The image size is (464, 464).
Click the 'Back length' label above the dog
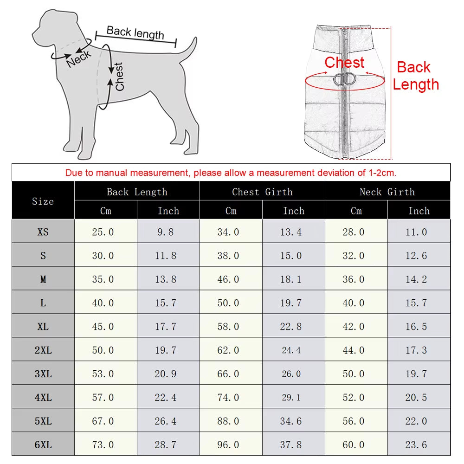pyautogui.click(x=135, y=32)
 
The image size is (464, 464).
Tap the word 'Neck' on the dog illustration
pyautogui.click(x=79, y=59)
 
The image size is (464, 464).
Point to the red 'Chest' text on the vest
pyautogui.click(x=344, y=62)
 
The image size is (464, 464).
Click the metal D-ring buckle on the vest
pyautogui.click(x=344, y=79)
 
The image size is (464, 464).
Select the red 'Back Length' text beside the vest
pyautogui.click(x=415, y=76)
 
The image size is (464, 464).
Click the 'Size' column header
pyautogui.click(x=43, y=201)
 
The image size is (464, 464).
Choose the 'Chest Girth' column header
pyautogui.click(x=262, y=192)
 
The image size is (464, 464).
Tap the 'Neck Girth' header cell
pyautogui.click(x=387, y=192)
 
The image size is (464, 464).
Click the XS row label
pyautogui.click(x=43, y=232)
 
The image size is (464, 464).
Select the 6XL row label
pyautogui.click(x=43, y=445)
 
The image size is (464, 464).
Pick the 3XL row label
pyautogui.click(x=43, y=374)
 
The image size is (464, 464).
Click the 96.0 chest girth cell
pyautogui.click(x=228, y=445)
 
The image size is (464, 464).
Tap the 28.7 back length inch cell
pyautogui.click(x=166, y=445)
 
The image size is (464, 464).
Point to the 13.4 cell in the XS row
pyautogui.click(x=291, y=232)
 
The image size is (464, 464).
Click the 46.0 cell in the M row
pyautogui.click(x=228, y=279)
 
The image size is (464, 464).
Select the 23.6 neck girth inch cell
pyautogui.click(x=416, y=445)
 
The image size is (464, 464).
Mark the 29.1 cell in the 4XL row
pyautogui.click(x=291, y=397)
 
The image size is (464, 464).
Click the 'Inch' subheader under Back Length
pyautogui.click(x=168, y=211)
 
